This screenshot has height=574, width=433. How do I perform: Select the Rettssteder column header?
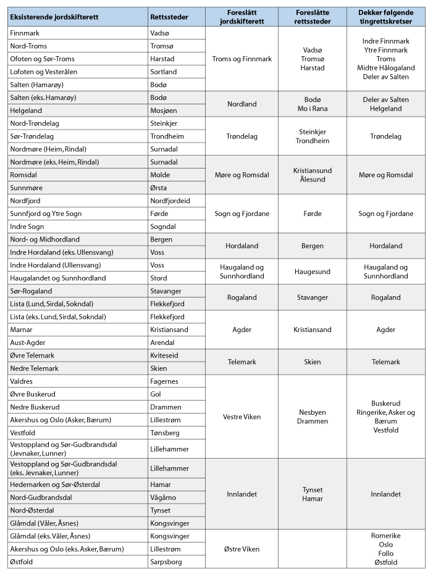point(169,17)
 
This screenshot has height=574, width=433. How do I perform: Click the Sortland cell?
point(163,72)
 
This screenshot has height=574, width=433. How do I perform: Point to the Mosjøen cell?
point(164,110)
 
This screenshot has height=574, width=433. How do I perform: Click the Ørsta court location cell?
point(160,188)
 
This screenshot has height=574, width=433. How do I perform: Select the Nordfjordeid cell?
point(170,201)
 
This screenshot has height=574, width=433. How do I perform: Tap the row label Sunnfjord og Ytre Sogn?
point(46,214)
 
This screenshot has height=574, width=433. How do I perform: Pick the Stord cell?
point(159,278)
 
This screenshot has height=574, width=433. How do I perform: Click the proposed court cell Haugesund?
point(312,272)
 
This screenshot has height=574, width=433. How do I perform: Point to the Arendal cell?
point(163,343)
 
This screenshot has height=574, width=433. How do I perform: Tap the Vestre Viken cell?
point(241,417)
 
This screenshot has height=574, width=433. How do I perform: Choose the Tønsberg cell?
point(166,433)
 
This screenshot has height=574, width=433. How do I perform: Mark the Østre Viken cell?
point(241,549)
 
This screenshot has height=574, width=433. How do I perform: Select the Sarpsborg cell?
point(167,562)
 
